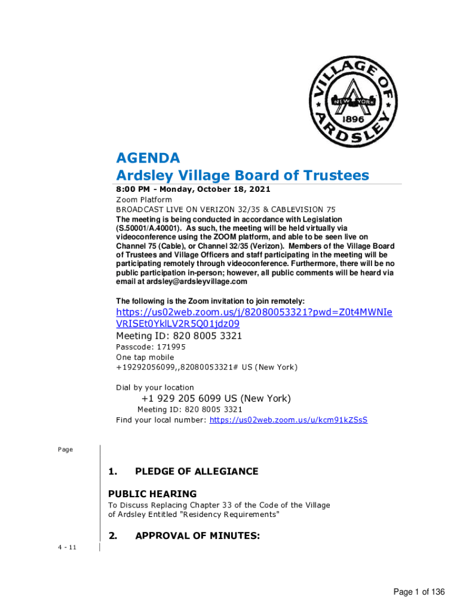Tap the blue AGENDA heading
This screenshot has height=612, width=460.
pyautogui.click(x=148, y=158)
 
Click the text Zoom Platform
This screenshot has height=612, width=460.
pyautogui.click(x=144, y=200)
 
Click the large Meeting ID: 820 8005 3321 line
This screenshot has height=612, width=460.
pyautogui.click(x=179, y=336)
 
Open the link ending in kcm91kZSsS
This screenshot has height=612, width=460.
pyautogui.click(x=289, y=420)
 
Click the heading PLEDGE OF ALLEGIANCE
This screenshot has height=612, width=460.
pyautogui.click(x=197, y=472)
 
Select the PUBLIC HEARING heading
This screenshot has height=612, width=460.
pyautogui.click(x=152, y=494)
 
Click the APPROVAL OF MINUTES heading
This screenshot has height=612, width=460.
pyautogui.click(x=197, y=537)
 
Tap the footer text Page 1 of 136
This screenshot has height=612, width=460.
pyautogui.click(x=419, y=592)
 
